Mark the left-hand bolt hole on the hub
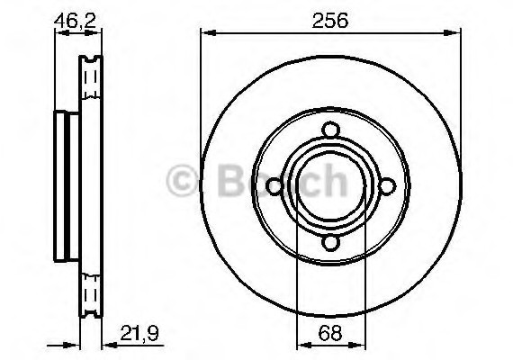click(273, 188)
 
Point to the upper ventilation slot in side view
click(89, 81)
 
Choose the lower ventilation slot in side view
click(89, 293)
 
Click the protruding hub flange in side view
click(63, 187)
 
